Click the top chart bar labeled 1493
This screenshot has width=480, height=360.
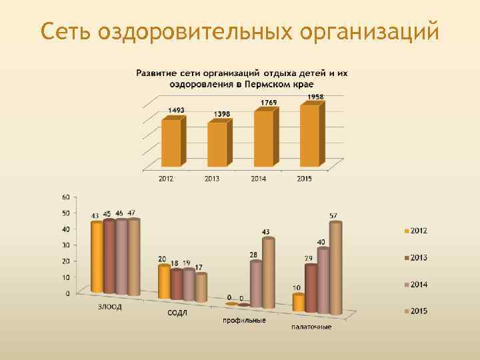pyautogui.click(x=171, y=142)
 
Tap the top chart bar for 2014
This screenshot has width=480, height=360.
pyautogui.click(x=264, y=138)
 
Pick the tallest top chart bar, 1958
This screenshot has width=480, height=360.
pyautogui.click(x=310, y=135)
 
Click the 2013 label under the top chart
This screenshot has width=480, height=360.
pyautogui.click(x=212, y=178)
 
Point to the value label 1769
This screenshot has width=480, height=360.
pyautogui.click(x=269, y=103)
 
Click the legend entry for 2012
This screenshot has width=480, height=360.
pyautogui.click(x=416, y=231)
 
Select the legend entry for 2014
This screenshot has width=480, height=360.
pyautogui.click(x=416, y=285)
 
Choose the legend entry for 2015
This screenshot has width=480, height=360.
pyautogui.click(x=416, y=311)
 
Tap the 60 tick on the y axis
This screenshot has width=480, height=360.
pyautogui.click(x=65, y=197)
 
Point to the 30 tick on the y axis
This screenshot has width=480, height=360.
pyautogui.click(x=65, y=245)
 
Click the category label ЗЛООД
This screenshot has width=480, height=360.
pyautogui.click(x=110, y=307)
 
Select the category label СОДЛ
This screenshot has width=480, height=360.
pyautogui.click(x=177, y=313)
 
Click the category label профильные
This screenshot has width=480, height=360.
pyautogui.click(x=244, y=320)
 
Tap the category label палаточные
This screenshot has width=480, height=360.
pyautogui.click(x=311, y=327)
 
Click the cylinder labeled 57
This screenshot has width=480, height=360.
pyautogui.click(x=335, y=267)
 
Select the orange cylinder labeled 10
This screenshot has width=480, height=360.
pyautogui.click(x=298, y=303)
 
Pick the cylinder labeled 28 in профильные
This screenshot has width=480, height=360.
pyautogui.click(x=255, y=283)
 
